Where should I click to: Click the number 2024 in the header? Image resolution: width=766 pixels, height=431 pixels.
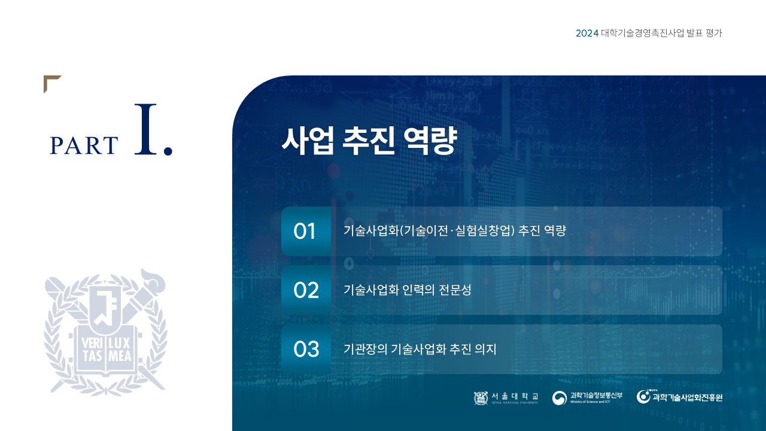tap(587, 33)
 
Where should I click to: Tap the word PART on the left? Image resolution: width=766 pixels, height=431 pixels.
tap(84, 145)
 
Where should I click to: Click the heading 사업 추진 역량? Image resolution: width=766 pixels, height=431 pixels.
tap(369, 140)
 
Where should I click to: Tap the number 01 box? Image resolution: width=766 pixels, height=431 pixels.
tap(306, 231)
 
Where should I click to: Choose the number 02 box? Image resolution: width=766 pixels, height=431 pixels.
tap(306, 290)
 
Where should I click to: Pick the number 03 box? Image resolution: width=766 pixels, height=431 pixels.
tap(306, 349)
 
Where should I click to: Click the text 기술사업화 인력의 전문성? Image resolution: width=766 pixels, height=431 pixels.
tap(408, 290)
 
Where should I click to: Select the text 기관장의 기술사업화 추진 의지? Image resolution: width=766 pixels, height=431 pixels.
tap(420, 349)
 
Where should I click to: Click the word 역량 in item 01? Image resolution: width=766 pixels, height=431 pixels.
tap(555, 230)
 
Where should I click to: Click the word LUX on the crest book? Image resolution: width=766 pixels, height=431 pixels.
tap(119, 343)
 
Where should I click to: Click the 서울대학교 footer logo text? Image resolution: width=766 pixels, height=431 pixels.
tap(515, 396)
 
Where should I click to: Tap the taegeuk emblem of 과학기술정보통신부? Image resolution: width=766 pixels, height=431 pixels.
tap(560, 398)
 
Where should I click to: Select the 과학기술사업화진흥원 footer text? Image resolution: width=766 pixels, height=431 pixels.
tap(688, 398)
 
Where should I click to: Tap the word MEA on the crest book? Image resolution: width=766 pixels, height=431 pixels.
tap(120, 356)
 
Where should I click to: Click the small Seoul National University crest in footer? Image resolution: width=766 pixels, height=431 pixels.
tap(481, 398)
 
